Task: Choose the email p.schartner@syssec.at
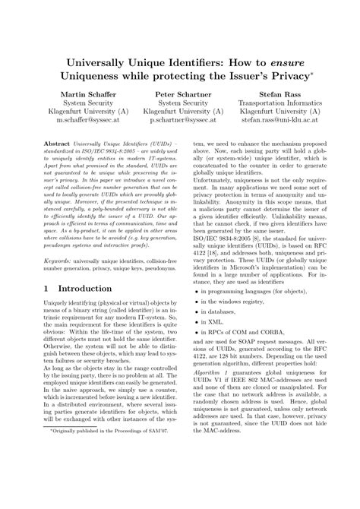[x=180, y=119]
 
